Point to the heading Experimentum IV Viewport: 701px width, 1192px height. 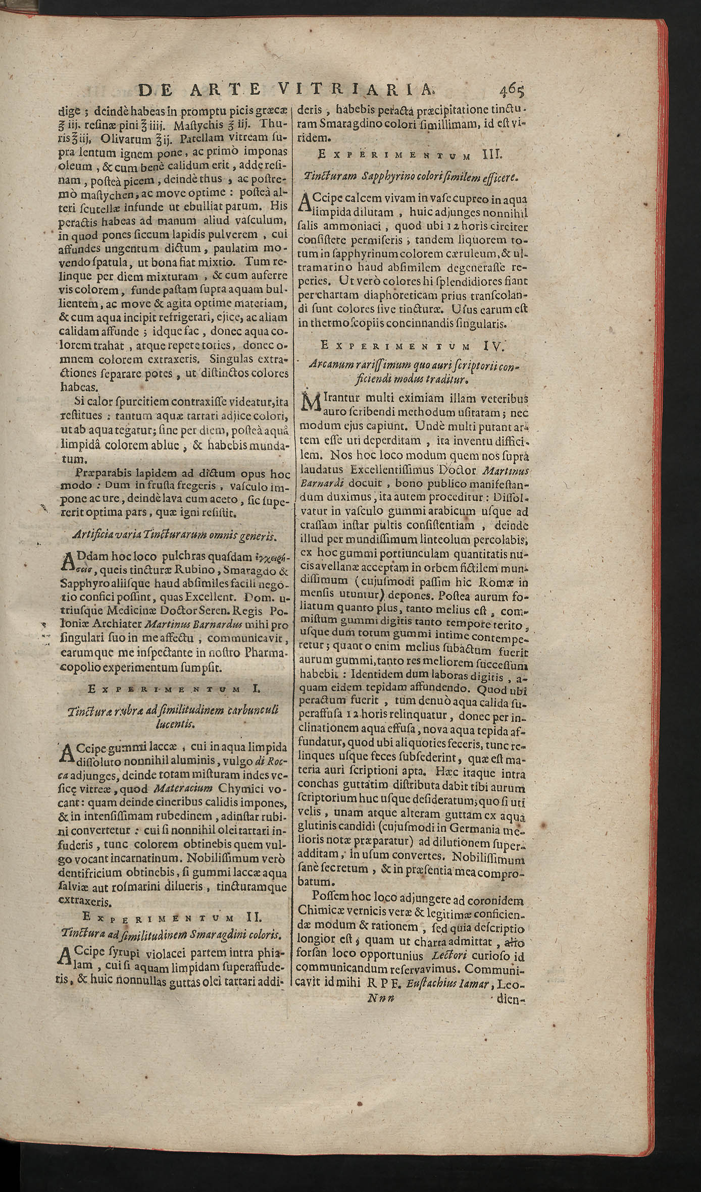[x=412, y=346]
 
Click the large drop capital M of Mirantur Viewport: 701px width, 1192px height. [x=310, y=402]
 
